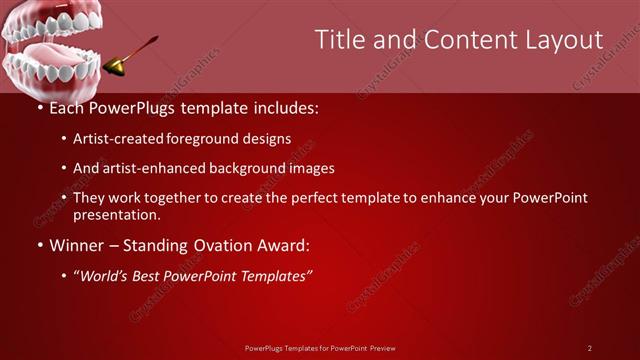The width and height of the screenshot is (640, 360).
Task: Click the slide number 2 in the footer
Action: tap(590, 348)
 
